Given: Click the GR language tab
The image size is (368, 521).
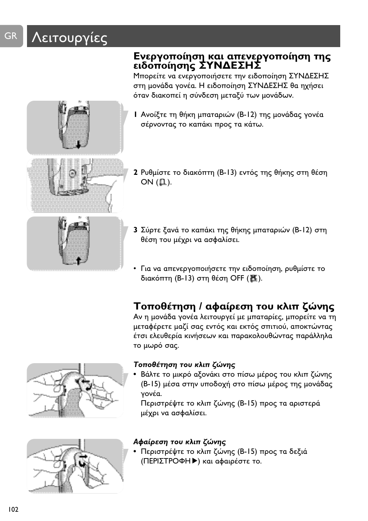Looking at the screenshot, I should point(11,36).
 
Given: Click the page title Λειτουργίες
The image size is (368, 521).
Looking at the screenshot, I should point(70,37).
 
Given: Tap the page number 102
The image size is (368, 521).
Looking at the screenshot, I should point(13,509).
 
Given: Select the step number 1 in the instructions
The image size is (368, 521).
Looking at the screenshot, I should point(135,115).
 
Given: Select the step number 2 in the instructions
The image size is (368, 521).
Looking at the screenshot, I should point(135,173).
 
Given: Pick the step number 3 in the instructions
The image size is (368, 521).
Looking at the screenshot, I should point(135,230).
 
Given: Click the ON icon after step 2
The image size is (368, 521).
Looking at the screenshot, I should point(163,182).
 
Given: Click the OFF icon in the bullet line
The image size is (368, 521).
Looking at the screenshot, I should point(253,278).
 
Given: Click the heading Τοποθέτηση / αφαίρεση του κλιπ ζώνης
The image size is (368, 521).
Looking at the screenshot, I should point(234,306).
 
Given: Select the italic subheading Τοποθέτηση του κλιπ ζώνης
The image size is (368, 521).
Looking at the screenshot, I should point(184,365).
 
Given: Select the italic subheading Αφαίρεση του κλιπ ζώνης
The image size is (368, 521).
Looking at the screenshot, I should point(179,442).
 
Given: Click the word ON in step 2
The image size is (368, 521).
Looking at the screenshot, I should point(147,182).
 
